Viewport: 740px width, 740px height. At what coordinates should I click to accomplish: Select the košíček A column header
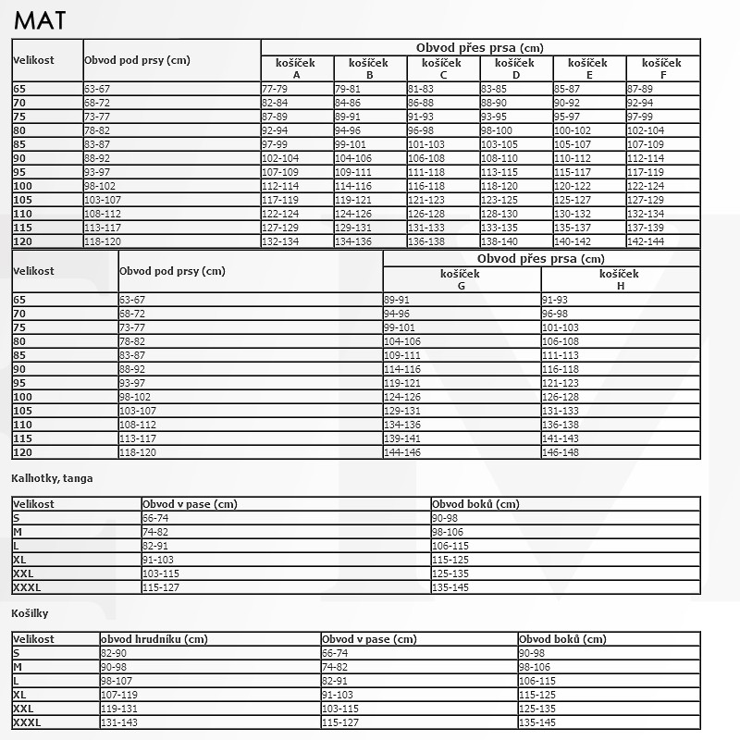tap(296, 68)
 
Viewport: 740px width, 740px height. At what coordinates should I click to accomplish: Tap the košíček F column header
tap(662, 68)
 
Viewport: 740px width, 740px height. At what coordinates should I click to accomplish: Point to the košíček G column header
tap(462, 279)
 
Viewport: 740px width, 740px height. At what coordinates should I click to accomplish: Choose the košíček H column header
tap(620, 279)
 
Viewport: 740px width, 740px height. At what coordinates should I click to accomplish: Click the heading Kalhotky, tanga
tap(52, 478)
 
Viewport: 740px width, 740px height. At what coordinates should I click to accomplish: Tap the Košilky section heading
tap(30, 613)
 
